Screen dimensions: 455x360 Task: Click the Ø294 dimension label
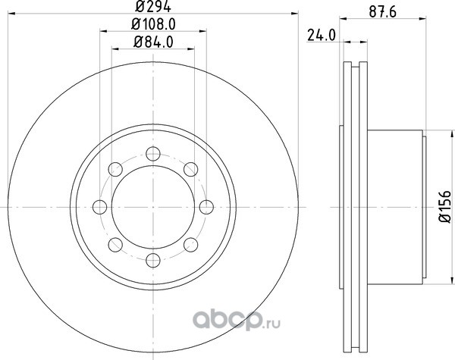[x=153, y=6]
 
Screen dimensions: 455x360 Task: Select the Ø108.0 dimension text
[x=153, y=24]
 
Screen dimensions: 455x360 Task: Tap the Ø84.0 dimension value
[x=153, y=42]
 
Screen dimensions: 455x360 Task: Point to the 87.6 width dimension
[x=383, y=12]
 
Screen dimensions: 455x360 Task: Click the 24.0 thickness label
[x=322, y=36]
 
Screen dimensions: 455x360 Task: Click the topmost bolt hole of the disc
[x=153, y=154]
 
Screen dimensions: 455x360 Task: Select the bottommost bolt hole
[x=153, y=260]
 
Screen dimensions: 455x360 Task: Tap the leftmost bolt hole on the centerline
[x=100, y=207]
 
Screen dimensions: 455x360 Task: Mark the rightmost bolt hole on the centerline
[x=206, y=207]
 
